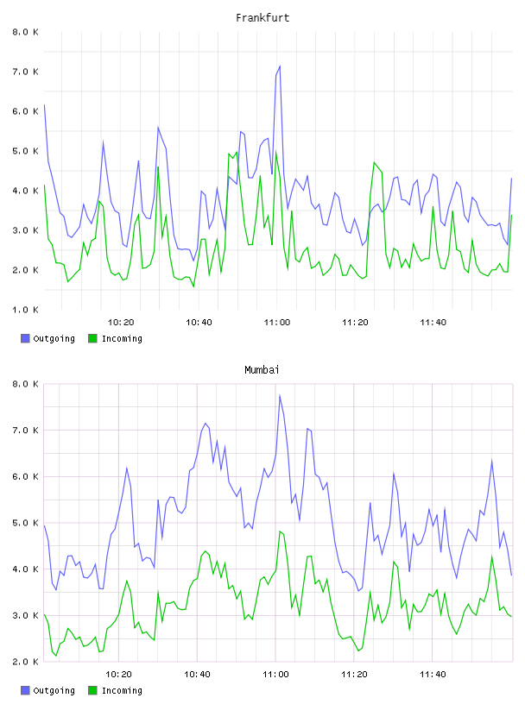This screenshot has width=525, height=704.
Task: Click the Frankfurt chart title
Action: [262, 18]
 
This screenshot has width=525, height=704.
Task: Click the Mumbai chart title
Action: [262, 370]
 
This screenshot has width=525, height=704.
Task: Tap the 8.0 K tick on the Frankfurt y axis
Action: [26, 32]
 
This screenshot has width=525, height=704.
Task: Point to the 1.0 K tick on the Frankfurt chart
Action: [26, 310]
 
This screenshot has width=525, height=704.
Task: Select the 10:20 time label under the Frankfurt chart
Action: [121, 323]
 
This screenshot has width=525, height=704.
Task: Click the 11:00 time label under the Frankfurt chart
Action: [277, 323]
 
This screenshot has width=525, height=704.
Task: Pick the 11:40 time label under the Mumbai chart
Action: [433, 675]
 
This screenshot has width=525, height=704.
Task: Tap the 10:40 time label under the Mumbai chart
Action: [198, 675]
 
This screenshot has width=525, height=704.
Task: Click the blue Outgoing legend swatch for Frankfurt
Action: [25, 338]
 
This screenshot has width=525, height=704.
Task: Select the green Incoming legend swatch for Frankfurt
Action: [92, 338]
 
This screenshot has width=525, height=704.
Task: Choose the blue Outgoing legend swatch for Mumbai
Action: [25, 690]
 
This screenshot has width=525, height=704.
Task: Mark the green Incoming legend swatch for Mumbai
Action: [92, 690]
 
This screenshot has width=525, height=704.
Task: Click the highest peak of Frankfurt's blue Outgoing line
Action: [280, 66]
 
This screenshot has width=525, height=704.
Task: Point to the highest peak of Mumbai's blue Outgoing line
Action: [280, 395]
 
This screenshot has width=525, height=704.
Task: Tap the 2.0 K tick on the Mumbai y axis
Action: [26, 662]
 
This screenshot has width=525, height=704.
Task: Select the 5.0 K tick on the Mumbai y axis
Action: [26, 523]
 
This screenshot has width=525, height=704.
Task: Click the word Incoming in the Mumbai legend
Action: [122, 691]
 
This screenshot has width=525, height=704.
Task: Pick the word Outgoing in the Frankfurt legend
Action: [54, 339]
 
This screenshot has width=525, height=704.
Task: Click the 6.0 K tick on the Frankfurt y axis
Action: [26, 111]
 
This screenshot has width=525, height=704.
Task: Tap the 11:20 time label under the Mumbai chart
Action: [354, 675]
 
